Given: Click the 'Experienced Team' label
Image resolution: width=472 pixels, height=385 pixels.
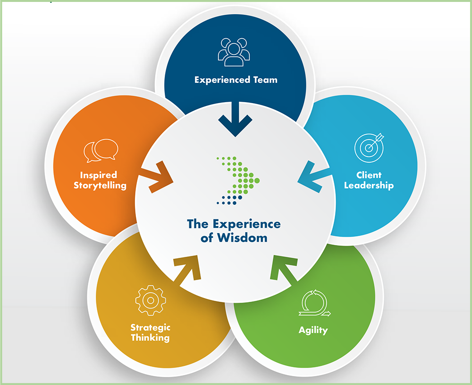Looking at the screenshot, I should point(236,80).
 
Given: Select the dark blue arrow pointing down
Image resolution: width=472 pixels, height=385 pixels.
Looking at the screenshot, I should point(235,121).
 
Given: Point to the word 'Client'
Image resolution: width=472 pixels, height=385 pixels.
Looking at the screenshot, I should point(369,175).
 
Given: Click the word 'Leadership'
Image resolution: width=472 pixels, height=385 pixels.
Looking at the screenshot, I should point(369,185).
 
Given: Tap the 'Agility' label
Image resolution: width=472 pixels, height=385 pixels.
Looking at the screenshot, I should point(313,330).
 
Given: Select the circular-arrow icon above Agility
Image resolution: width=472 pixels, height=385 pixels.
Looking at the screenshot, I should point(313,303).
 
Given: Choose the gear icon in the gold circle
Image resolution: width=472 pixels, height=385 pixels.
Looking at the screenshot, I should point(150,300).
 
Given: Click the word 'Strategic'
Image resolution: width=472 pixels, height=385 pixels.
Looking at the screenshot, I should point(150,327).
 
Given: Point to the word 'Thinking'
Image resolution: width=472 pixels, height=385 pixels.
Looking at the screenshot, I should point(150,338).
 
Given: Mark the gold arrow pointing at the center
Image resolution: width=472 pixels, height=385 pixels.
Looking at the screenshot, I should point(187,270).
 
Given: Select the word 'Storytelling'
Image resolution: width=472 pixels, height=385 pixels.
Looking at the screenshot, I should point(100,185).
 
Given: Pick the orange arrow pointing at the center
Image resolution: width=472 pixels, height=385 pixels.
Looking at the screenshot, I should point(158,177).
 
